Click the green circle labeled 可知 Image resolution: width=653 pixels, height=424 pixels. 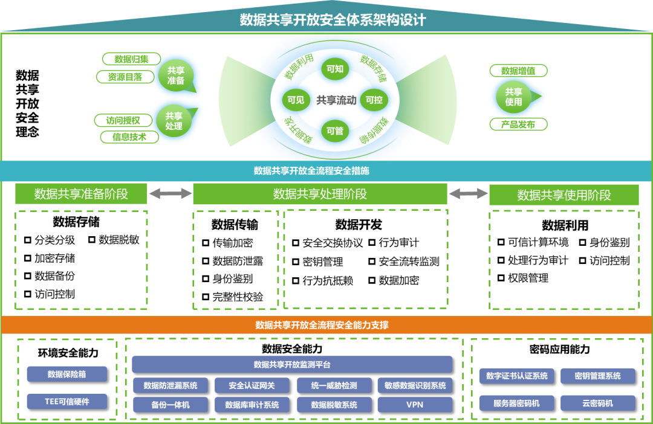tap(335, 69)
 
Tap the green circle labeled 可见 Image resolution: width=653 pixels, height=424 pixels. tap(296, 100)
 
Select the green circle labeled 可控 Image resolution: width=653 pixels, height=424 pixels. tap(374, 100)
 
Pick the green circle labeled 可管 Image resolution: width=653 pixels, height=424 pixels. tap(335, 130)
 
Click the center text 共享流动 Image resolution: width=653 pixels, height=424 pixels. tap(336, 100)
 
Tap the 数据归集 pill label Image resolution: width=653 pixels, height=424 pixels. tap(131, 59)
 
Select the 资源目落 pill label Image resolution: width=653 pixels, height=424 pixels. tap(125, 77)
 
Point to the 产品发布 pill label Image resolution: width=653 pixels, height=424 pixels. tap(518, 124)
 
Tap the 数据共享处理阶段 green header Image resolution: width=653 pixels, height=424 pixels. tap(320, 194)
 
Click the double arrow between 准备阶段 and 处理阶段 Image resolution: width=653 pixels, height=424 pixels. tap(169, 193)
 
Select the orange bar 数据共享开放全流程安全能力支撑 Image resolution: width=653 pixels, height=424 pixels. tap(326, 325)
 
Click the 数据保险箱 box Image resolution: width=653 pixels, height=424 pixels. tap(67, 374)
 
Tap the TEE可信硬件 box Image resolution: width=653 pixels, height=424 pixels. tap(67, 401)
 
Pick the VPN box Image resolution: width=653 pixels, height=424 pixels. tap(415, 405)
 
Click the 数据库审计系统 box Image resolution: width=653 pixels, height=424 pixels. tap(252, 405)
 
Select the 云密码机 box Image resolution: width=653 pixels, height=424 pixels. tap(597, 403)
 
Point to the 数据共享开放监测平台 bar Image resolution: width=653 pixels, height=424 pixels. tap(292, 364)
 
